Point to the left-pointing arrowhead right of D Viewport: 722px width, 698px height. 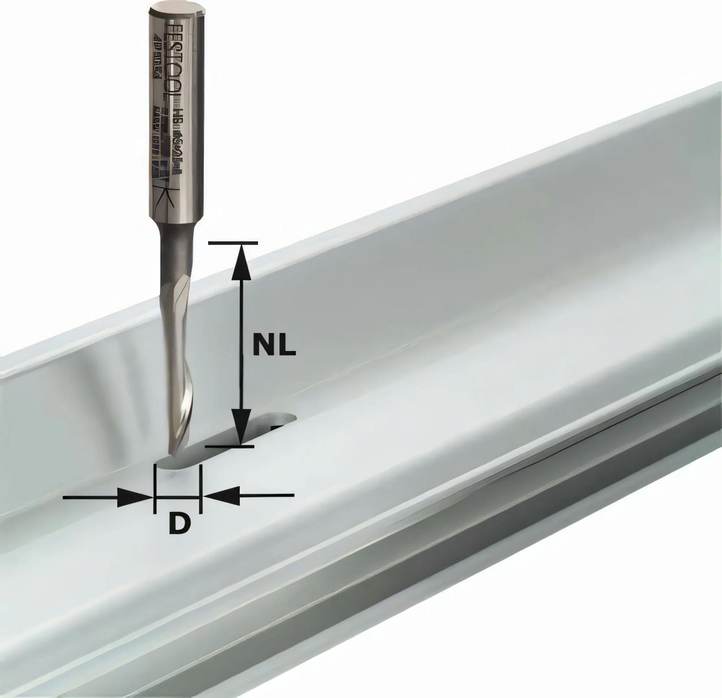[x=221, y=495]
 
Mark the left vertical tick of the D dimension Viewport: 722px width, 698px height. [x=155, y=489]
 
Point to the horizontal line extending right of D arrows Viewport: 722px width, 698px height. [x=267, y=495]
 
